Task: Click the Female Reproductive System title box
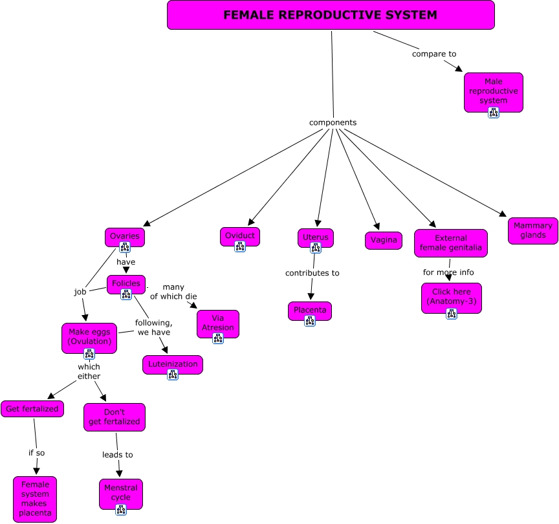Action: (x=331, y=15)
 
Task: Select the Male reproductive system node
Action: (x=493, y=89)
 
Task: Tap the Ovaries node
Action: (x=124, y=236)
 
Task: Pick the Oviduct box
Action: (x=239, y=235)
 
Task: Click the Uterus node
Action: (x=316, y=237)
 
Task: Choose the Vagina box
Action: (x=383, y=241)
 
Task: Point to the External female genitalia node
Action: (x=450, y=243)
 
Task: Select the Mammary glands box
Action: (x=533, y=230)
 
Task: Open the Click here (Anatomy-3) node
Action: (x=451, y=296)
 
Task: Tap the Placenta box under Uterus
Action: (x=310, y=310)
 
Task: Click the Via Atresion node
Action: (x=217, y=322)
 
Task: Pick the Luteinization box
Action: (x=172, y=364)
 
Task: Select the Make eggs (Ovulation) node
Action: (x=89, y=336)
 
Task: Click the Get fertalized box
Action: (x=32, y=409)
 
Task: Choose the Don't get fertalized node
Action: (x=114, y=417)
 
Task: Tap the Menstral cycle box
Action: (x=120, y=493)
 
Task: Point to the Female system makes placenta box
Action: (x=35, y=499)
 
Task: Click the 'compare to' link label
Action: (x=434, y=54)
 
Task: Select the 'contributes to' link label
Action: (x=312, y=273)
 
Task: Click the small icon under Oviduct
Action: (x=239, y=246)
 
